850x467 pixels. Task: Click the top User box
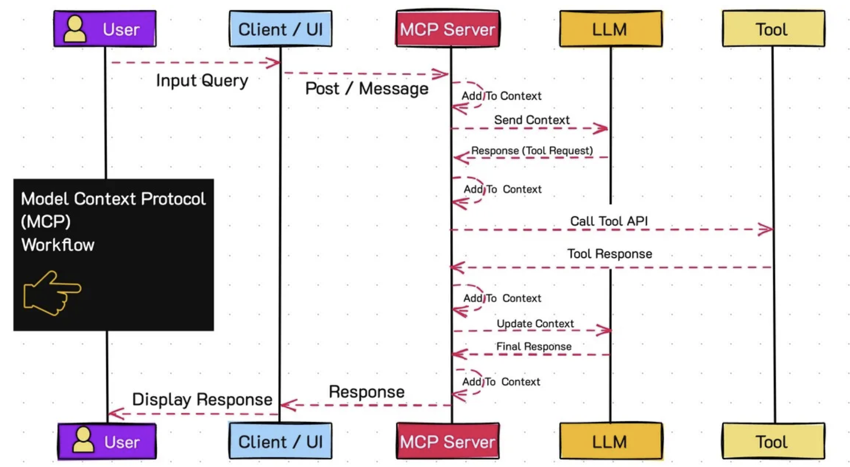click(x=105, y=29)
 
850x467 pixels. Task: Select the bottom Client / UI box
click(x=280, y=441)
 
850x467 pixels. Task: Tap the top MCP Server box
click(x=448, y=29)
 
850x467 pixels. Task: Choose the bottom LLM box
click(x=610, y=441)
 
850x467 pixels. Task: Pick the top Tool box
click(x=773, y=29)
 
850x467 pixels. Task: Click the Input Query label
click(x=202, y=80)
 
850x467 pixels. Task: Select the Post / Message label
click(x=367, y=89)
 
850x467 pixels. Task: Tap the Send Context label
click(x=532, y=120)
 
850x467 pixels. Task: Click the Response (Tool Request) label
click(x=532, y=151)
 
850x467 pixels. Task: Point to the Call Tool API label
click(x=609, y=221)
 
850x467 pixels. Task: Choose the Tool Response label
click(x=609, y=254)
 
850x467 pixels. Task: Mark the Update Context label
click(x=535, y=324)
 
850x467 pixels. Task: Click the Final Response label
click(x=534, y=347)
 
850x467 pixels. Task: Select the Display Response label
click(x=202, y=399)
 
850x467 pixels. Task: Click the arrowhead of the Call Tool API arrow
click(x=766, y=230)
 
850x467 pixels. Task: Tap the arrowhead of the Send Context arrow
click(x=601, y=128)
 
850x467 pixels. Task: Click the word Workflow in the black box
click(x=58, y=245)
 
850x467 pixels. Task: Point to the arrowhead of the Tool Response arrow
click(x=457, y=268)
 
